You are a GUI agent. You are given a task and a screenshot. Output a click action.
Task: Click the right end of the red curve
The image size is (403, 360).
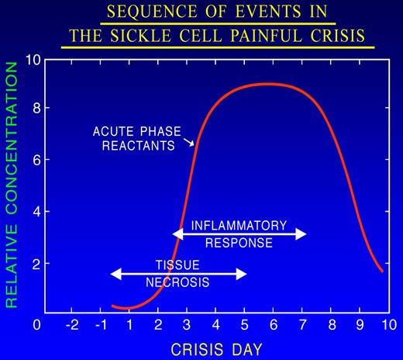click(x=382, y=271)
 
